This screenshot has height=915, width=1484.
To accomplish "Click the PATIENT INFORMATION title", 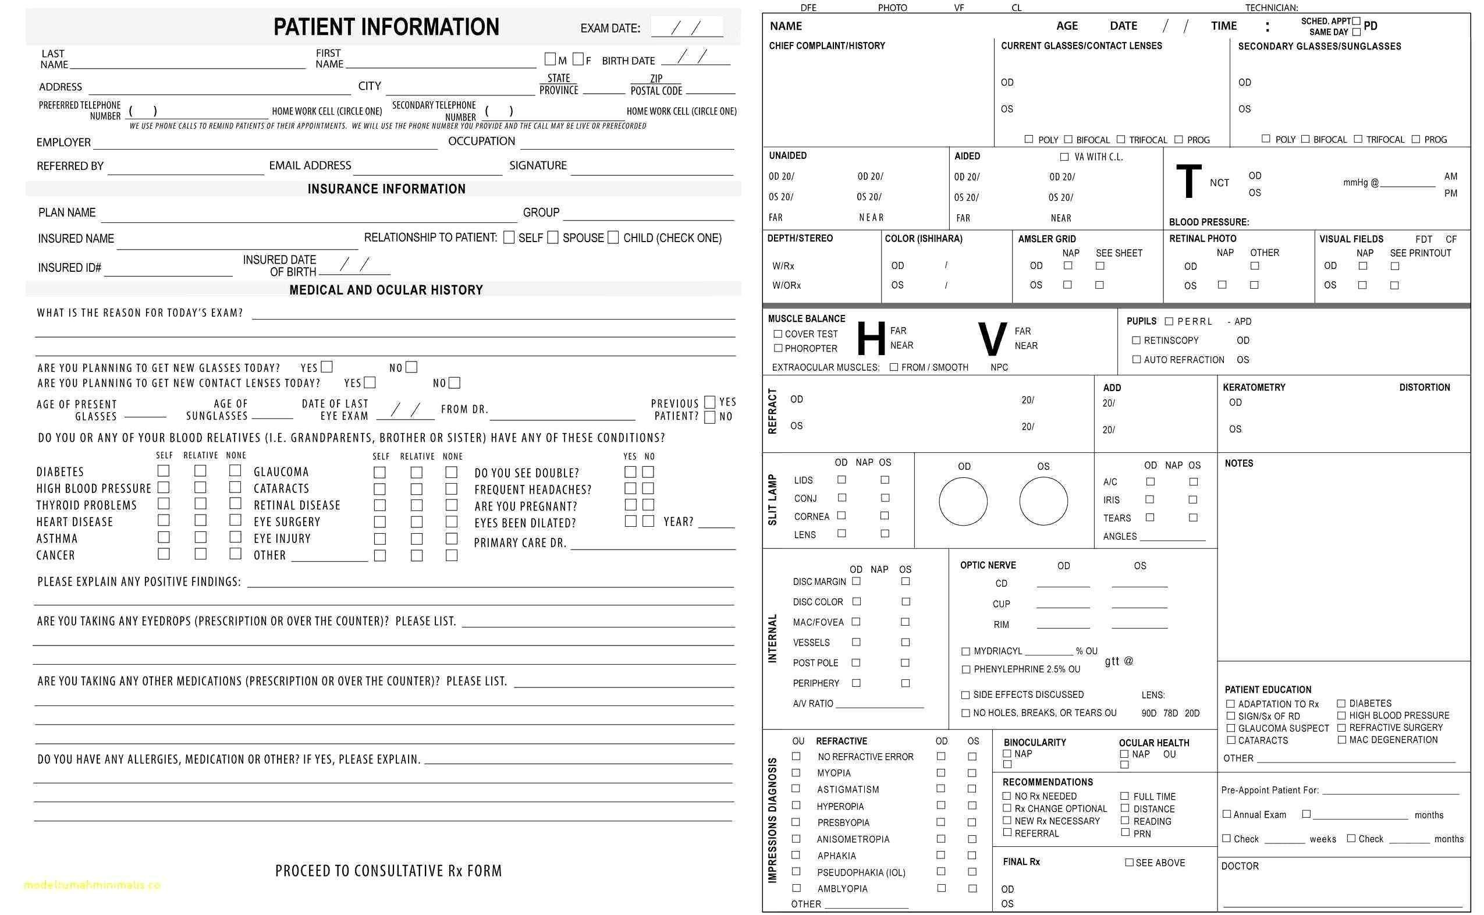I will click(x=386, y=27).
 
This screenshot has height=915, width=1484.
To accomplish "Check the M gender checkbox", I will click(x=550, y=59).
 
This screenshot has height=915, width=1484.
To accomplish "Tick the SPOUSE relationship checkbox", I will click(x=552, y=237).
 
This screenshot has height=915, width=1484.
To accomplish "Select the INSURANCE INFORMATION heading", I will click(x=386, y=189).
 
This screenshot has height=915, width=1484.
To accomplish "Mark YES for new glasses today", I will click(x=326, y=367).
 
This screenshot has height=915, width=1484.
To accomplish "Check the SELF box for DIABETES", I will click(x=164, y=471).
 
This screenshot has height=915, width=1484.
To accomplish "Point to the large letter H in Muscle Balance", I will click(x=871, y=339).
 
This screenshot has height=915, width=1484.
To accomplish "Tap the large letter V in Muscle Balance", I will click(x=992, y=340).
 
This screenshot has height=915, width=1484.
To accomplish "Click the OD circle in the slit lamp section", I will click(x=963, y=501).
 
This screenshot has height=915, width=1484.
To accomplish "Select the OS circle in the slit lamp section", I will click(x=1043, y=501).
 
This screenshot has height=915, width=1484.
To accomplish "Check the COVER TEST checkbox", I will click(x=778, y=334).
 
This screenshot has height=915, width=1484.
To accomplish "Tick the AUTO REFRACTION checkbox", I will click(x=1136, y=360).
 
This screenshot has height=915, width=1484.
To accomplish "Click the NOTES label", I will click(x=1238, y=463).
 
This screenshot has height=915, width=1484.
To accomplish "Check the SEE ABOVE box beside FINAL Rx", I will click(x=1129, y=863).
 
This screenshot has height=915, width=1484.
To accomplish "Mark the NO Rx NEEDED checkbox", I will click(x=1007, y=796).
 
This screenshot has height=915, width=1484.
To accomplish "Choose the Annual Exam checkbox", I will click(x=1226, y=814).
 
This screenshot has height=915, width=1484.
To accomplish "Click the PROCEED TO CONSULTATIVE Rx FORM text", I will click(x=388, y=871).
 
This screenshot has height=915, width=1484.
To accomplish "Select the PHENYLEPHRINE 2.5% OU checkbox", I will click(x=965, y=669).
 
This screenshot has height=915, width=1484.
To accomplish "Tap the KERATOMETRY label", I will click(x=1254, y=387).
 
